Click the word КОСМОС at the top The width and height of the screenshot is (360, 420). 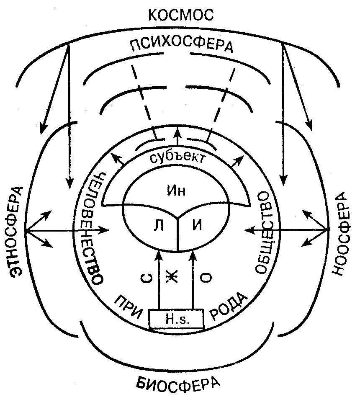(181, 15)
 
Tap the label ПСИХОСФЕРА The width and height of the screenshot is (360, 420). (180, 45)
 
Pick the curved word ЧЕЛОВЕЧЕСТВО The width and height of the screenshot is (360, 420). (94, 228)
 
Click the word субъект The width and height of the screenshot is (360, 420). (178, 158)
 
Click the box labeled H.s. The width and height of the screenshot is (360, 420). (177, 320)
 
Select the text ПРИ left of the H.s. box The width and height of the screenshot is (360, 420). (128, 302)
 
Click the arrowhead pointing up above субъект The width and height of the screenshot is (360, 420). (177, 132)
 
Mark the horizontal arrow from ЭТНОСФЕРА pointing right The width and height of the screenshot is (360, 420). (67, 230)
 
